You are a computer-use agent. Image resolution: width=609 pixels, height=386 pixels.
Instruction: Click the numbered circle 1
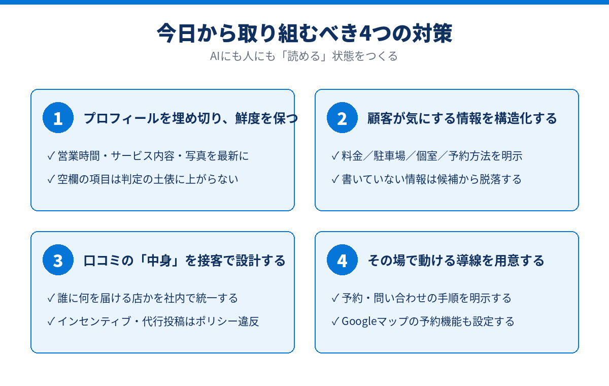click(x=58, y=117)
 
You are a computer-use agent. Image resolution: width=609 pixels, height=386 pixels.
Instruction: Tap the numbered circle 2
click(x=342, y=117)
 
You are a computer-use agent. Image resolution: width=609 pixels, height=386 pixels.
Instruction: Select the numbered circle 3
click(x=58, y=260)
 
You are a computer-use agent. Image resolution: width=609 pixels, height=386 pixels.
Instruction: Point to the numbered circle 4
click(x=342, y=260)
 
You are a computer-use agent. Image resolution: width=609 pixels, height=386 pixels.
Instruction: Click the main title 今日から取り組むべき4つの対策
click(x=304, y=33)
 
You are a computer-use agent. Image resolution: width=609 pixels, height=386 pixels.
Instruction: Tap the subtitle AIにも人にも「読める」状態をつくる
click(x=304, y=56)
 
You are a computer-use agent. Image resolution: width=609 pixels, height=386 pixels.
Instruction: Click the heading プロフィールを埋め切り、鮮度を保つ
click(x=191, y=118)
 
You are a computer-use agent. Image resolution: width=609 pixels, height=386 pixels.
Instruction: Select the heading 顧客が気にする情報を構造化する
click(x=462, y=118)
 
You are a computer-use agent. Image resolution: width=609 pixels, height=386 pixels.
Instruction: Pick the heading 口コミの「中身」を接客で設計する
click(x=184, y=261)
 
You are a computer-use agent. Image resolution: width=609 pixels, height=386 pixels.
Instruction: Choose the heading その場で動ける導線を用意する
click(x=456, y=261)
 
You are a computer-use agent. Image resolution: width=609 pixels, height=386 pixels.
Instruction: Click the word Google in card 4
click(x=359, y=321)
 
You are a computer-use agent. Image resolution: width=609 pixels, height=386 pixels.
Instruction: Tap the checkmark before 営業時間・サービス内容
click(x=51, y=156)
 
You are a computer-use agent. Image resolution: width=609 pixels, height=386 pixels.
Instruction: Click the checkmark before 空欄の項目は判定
click(x=51, y=179)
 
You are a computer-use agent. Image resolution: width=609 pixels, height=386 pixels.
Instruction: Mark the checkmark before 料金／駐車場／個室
click(x=335, y=156)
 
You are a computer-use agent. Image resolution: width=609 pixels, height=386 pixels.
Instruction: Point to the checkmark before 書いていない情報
click(x=335, y=179)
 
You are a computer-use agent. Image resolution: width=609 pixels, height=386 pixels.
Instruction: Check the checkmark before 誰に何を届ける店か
click(x=51, y=298)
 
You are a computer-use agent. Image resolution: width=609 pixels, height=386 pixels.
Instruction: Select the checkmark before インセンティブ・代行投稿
click(x=51, y=321)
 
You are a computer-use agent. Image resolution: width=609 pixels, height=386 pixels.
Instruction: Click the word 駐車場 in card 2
click(x=390, y=156)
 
